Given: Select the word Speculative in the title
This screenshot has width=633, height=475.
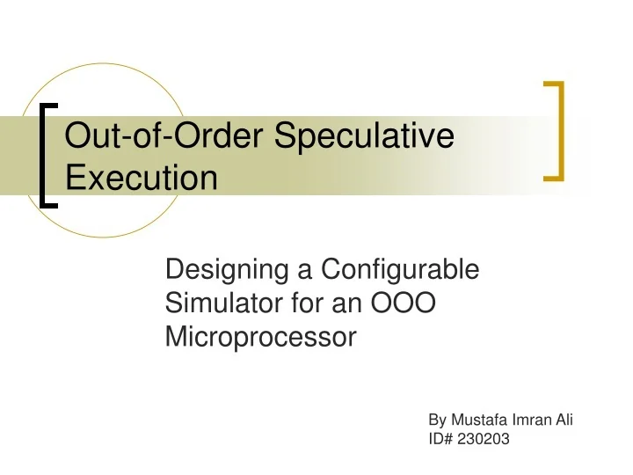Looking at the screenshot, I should tap(366, 138).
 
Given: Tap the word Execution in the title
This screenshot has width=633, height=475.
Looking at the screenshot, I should tap(142, 179).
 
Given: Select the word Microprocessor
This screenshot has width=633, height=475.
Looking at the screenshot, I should tap(260, 338).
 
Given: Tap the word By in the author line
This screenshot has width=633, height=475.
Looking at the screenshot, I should tap(437, 420).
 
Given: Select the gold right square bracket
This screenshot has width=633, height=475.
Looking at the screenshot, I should tap(556, 130).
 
